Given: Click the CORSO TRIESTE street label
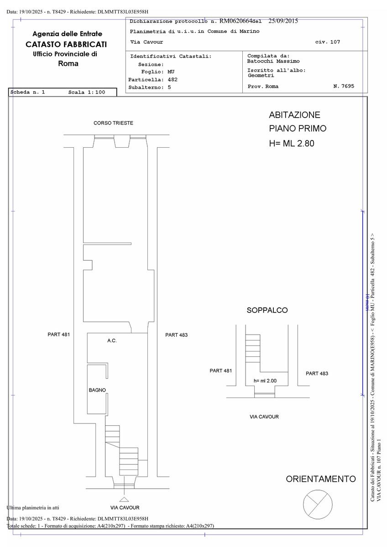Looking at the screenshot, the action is click(113, 123).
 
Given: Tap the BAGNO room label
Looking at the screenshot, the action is click(97, 390).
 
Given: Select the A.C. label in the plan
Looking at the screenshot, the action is click(112, 341).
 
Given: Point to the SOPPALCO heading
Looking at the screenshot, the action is click(267, 310).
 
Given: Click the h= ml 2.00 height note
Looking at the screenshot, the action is click(265, 381).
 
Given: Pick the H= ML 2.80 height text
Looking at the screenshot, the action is click(292, 143).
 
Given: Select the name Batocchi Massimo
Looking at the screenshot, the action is click(273, 61).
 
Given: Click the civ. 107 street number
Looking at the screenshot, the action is click(328, 42).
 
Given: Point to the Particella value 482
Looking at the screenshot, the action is click(173, 80).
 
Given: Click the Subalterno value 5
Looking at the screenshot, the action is click(169, 88).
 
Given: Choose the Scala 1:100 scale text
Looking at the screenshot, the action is click(87, 92).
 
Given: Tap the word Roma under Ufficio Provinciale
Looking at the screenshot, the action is click(68, 64).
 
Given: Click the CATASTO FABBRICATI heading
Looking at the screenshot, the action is click(66, 45).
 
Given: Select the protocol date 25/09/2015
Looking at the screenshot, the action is click(283, 21).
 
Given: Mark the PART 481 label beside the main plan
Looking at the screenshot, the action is click(59, 335).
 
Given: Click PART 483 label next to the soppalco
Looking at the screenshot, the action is click(317, 374).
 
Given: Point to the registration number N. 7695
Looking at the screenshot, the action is click(344, 86).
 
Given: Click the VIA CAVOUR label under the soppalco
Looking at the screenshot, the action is click(264, 417).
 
